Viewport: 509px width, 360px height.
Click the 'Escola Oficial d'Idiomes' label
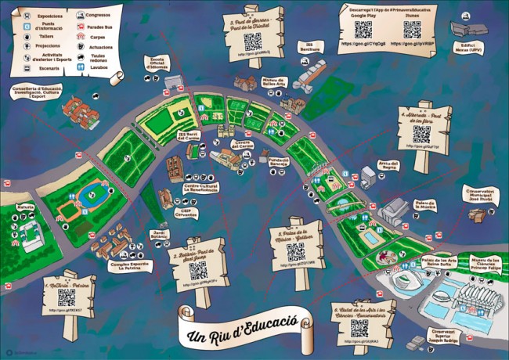[x=156, y=63]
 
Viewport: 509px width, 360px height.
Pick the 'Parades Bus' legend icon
[x=81, y=26]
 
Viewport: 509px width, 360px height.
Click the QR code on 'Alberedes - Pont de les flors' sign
[x=421, y=134]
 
